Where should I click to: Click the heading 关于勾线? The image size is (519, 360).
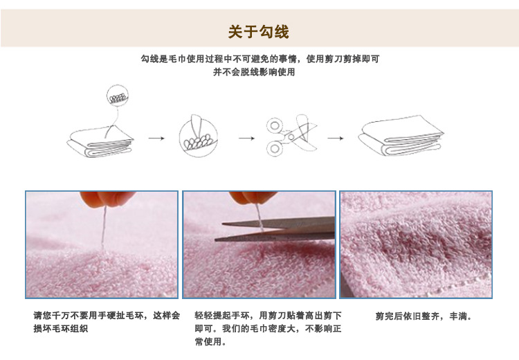[x=259, y=31]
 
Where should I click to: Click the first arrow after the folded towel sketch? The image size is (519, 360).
[x=156, y=138]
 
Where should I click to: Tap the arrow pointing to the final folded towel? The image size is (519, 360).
[x=336, y=138]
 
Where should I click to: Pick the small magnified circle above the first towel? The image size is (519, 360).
[x=117, y=96]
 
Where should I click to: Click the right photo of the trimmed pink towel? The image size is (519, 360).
[x=416, y=244]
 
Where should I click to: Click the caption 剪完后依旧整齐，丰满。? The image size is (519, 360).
[x=424, y=316]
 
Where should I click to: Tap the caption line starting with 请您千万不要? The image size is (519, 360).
[x=107, y=315]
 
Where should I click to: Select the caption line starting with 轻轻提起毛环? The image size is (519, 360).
[x=268, y=315]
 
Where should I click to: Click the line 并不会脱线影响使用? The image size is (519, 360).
[x=259, y=71]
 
